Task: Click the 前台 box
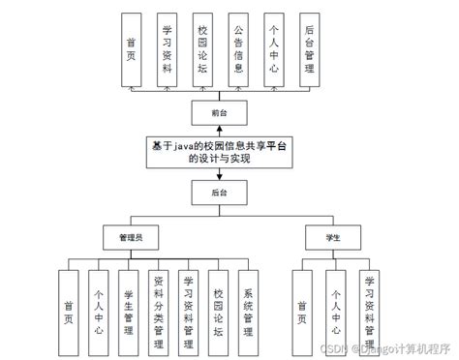coord(219,114)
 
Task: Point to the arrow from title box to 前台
coord(219,131)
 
